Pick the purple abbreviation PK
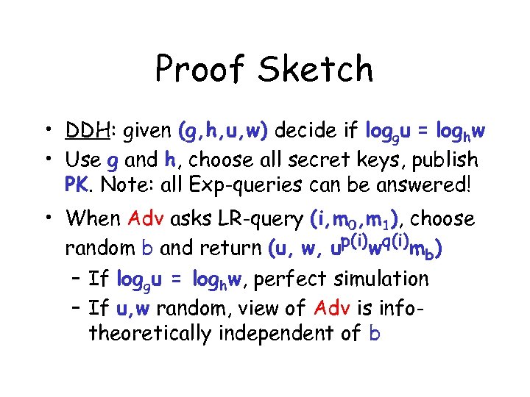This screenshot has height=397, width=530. (77, 184)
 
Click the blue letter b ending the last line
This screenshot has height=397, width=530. (375, 333)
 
